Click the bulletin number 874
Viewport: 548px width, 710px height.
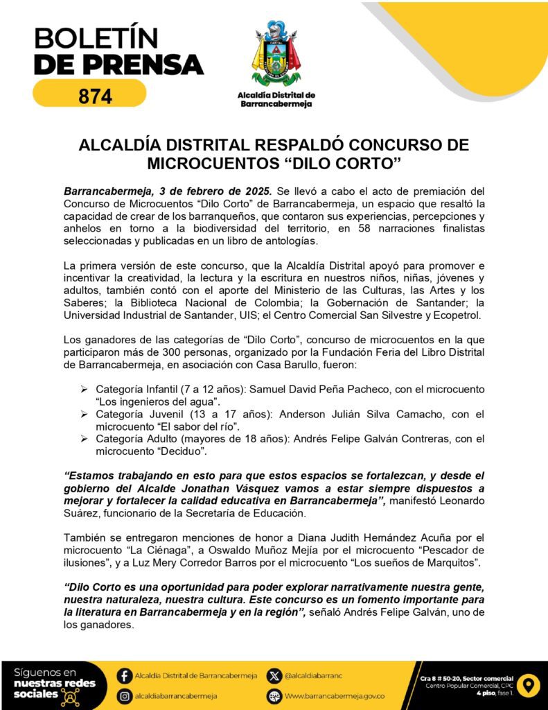(x=95, y=96)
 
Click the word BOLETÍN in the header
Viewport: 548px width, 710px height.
(x=96, y=38)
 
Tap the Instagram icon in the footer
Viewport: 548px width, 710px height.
(x=125, y=695)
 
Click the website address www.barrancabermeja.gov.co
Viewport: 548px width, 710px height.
(x=335, y=695)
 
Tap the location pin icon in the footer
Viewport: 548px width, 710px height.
(x=529, y=685)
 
